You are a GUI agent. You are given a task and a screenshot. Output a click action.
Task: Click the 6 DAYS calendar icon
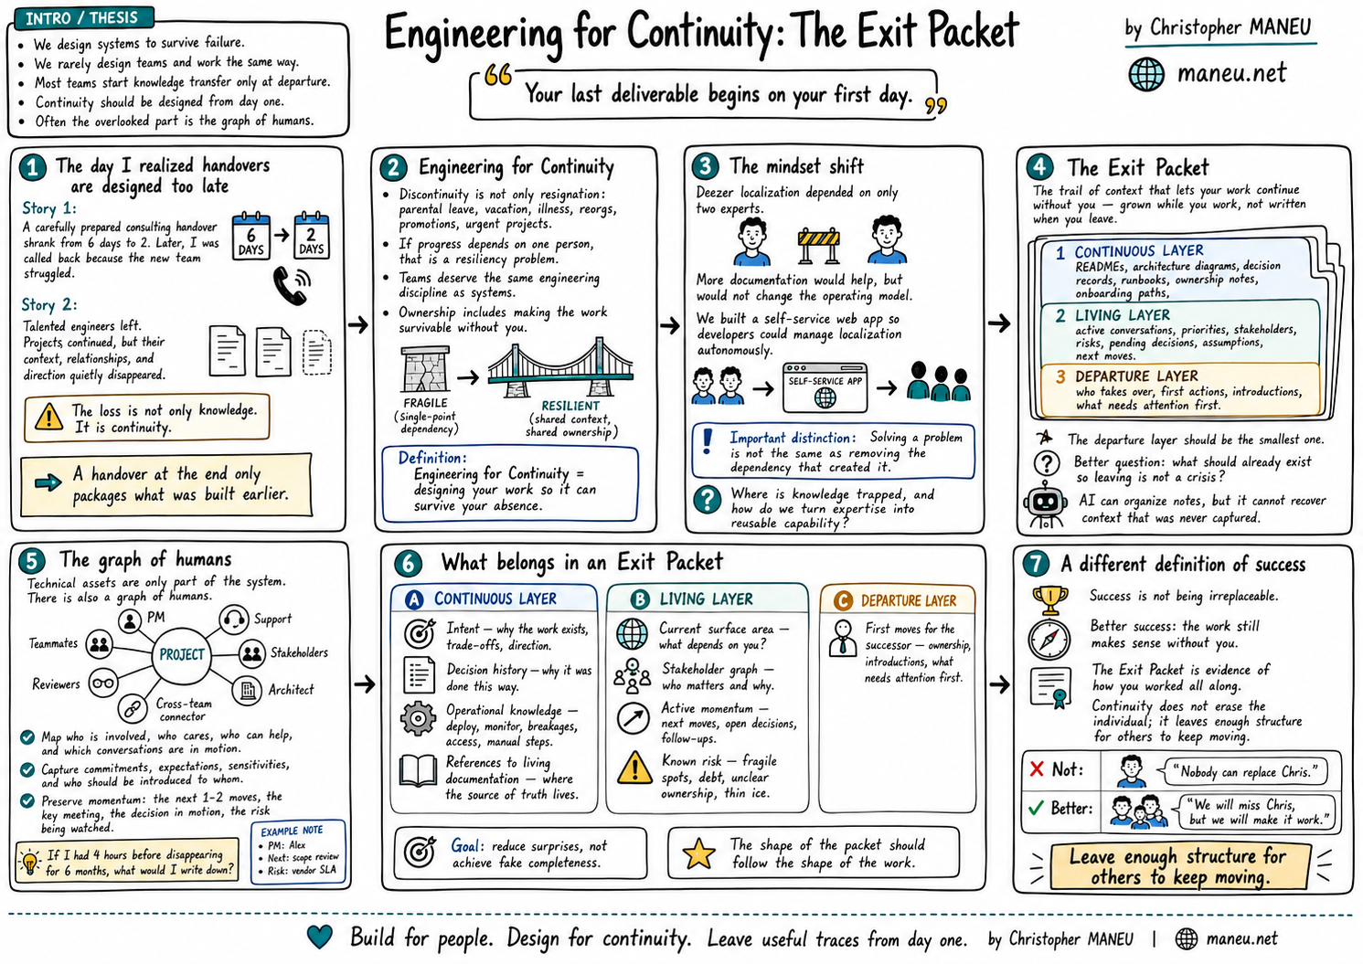[250, 237]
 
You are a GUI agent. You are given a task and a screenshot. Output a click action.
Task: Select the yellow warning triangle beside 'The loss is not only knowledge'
[48, 418]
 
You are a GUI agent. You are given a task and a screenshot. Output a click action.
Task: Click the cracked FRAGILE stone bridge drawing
[425, 369]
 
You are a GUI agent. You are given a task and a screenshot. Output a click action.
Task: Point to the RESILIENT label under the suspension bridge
[570, 406]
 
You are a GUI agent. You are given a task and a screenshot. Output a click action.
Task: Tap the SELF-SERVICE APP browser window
[825, 387]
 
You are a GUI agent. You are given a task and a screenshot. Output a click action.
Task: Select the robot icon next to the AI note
[1045, 504]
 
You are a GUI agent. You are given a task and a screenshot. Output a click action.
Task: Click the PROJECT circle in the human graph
[181, 654]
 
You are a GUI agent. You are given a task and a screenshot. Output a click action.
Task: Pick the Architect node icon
[248, 690]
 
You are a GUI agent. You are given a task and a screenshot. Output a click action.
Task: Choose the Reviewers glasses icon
[103, 683]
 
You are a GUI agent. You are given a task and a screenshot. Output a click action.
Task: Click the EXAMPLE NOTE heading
[292, 831]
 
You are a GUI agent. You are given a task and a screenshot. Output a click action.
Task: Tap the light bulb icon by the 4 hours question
[29, 862]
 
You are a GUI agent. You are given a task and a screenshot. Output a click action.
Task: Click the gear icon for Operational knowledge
[418, 718]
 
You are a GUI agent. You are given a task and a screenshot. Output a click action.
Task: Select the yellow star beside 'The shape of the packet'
[698, 853]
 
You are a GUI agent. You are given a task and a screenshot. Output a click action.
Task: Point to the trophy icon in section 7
[1049, 600]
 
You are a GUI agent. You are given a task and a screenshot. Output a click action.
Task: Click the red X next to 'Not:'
[1037, 768]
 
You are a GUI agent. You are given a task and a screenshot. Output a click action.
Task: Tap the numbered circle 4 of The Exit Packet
[1040, 167]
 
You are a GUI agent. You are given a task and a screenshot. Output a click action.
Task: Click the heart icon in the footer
[319, 937]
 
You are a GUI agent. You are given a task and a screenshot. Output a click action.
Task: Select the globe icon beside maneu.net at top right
[1146, 74]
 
